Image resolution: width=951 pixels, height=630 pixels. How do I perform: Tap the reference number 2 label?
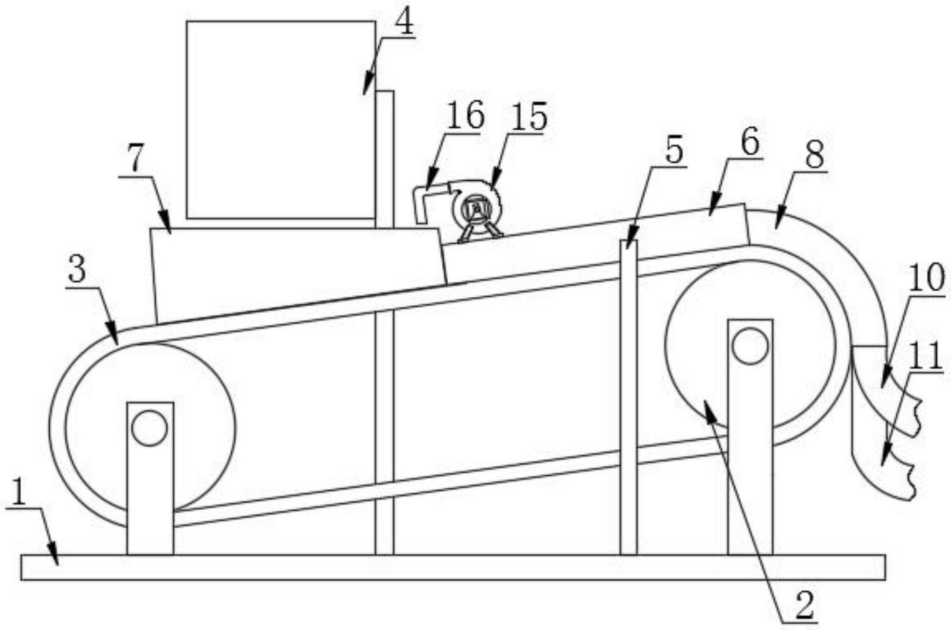[x=804, y=605]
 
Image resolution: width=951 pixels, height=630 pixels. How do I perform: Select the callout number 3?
[x=77, y=270]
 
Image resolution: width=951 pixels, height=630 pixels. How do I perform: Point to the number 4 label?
[x=405, y=23]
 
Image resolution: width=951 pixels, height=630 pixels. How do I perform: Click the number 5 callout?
[x=674, y=150]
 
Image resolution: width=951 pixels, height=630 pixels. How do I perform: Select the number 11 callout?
[x=926, y=356]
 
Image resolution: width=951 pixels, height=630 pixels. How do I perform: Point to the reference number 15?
[x=530, y=117]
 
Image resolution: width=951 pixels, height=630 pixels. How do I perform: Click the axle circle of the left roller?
[x=150, y=428]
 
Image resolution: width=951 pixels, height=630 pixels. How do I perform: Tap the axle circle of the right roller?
[x=750, y=346]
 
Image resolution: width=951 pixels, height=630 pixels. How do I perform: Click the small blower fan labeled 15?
[x=477, y=209]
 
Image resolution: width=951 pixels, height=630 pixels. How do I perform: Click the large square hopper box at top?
[x=281, y=119]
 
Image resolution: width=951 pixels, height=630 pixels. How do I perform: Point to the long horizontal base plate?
[x=453, y=567]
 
